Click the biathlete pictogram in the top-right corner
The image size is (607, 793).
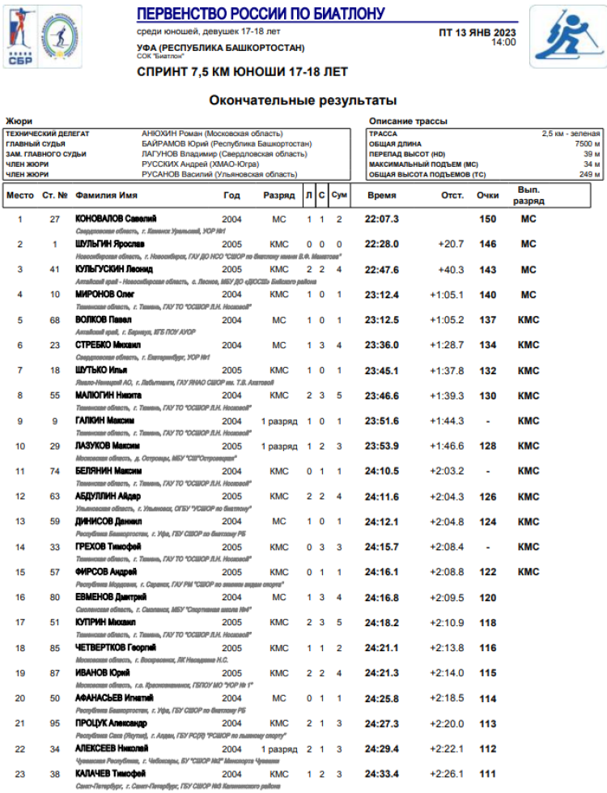click(567, 36)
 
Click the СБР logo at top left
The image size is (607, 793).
click(17, 36)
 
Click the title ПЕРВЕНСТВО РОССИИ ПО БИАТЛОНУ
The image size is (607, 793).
click(261, 14)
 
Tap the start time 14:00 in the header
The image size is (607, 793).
click(503, 42)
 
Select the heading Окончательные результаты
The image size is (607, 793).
click(303, 100)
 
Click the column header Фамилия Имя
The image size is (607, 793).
click(106, 195)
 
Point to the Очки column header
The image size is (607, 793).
click(487, 195)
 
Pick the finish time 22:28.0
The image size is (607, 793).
click(382, 244)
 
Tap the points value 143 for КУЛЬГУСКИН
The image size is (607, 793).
click(487, 270)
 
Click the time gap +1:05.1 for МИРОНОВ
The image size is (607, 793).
click(447, 295)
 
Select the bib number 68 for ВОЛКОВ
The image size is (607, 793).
click(55, 320)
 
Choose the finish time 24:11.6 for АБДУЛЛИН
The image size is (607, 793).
click(382, 497)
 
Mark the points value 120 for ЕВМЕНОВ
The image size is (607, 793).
click(487, 597)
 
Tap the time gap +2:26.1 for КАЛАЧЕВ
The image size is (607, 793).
click(447, 774)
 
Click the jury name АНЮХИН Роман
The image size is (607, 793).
click(171, 133)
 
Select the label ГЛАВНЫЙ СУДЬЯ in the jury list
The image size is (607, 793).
click(36, 143)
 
